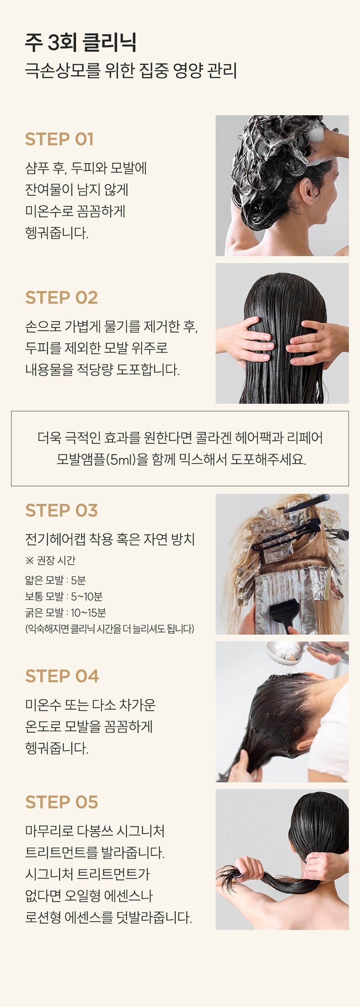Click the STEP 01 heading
(x=59, y=139)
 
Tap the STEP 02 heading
(x=62, y=298)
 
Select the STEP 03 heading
(x=62, y=510)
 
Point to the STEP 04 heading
(x=62, y=676)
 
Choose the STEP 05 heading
(x=62, y=802)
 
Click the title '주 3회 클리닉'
(x=81, y=42)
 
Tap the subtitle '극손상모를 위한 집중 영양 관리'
(x=131, y=70)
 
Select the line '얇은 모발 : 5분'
(x=55, y=580)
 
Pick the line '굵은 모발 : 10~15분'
(x=65, y=613)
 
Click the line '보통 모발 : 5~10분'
(x=64, y=596)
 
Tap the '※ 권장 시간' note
(x=50, y=560)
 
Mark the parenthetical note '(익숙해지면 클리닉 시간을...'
(x=110, y=629)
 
